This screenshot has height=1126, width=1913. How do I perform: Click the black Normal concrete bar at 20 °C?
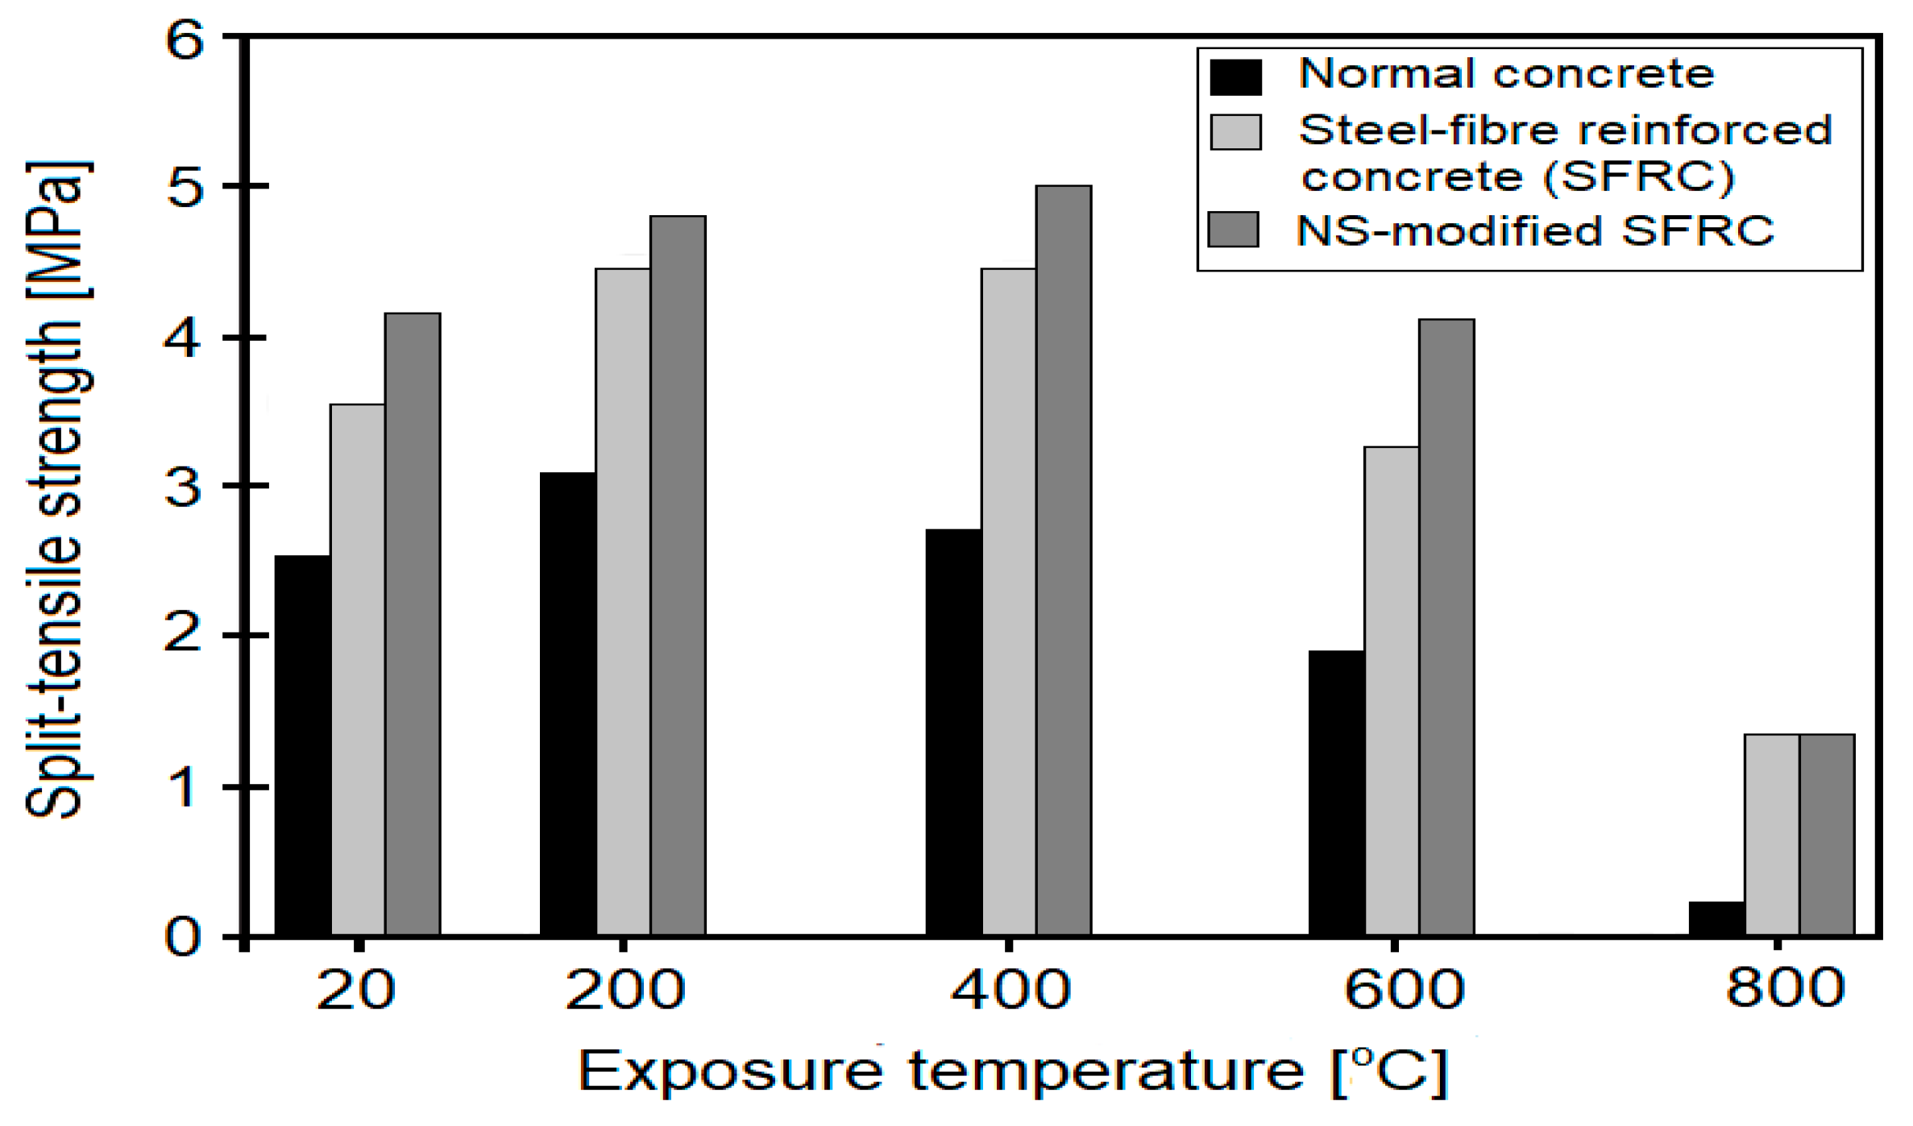coord(302,746)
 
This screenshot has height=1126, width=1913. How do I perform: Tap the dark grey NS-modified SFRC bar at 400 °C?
coord(1064,560)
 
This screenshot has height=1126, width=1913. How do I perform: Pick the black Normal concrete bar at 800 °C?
coord(1716,919)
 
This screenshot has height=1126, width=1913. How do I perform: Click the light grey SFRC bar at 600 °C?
coord(1392,691)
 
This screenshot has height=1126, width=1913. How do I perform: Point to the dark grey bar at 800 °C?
coord(1828,834)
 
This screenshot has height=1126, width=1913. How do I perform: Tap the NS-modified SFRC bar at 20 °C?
coord(413,625)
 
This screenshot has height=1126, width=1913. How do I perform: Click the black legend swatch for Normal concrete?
coord(1235,77)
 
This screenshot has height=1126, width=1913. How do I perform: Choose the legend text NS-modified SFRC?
coord(1535,231)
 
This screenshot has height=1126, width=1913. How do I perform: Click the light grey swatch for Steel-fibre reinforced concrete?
coord(1235,132)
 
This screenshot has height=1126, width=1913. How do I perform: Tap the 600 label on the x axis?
coord(1404,990)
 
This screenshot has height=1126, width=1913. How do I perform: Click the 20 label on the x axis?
coord(355,990)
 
